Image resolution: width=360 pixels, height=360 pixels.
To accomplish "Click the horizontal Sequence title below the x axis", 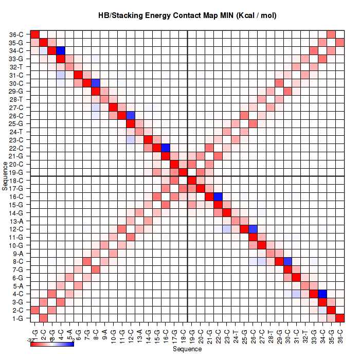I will (x=187, y=349).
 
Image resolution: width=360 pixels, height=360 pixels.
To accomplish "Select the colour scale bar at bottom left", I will (x=52, y=344).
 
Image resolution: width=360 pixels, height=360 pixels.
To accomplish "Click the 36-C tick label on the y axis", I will (x=16, y=34).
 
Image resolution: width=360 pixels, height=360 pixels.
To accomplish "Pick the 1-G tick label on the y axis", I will (x=16, y=318).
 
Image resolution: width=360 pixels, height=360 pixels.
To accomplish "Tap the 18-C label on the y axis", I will (x=16, y=181).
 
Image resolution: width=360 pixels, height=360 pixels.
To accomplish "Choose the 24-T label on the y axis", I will (x=16, y=132).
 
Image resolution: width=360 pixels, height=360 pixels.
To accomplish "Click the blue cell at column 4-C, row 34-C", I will (x=61, y=50).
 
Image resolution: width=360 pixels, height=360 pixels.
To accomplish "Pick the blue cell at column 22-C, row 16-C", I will (x=218, y=197).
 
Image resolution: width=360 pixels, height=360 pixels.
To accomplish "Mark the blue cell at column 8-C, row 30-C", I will (x=96, y=83).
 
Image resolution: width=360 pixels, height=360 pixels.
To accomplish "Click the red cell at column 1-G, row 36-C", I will (x=35, y=34).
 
